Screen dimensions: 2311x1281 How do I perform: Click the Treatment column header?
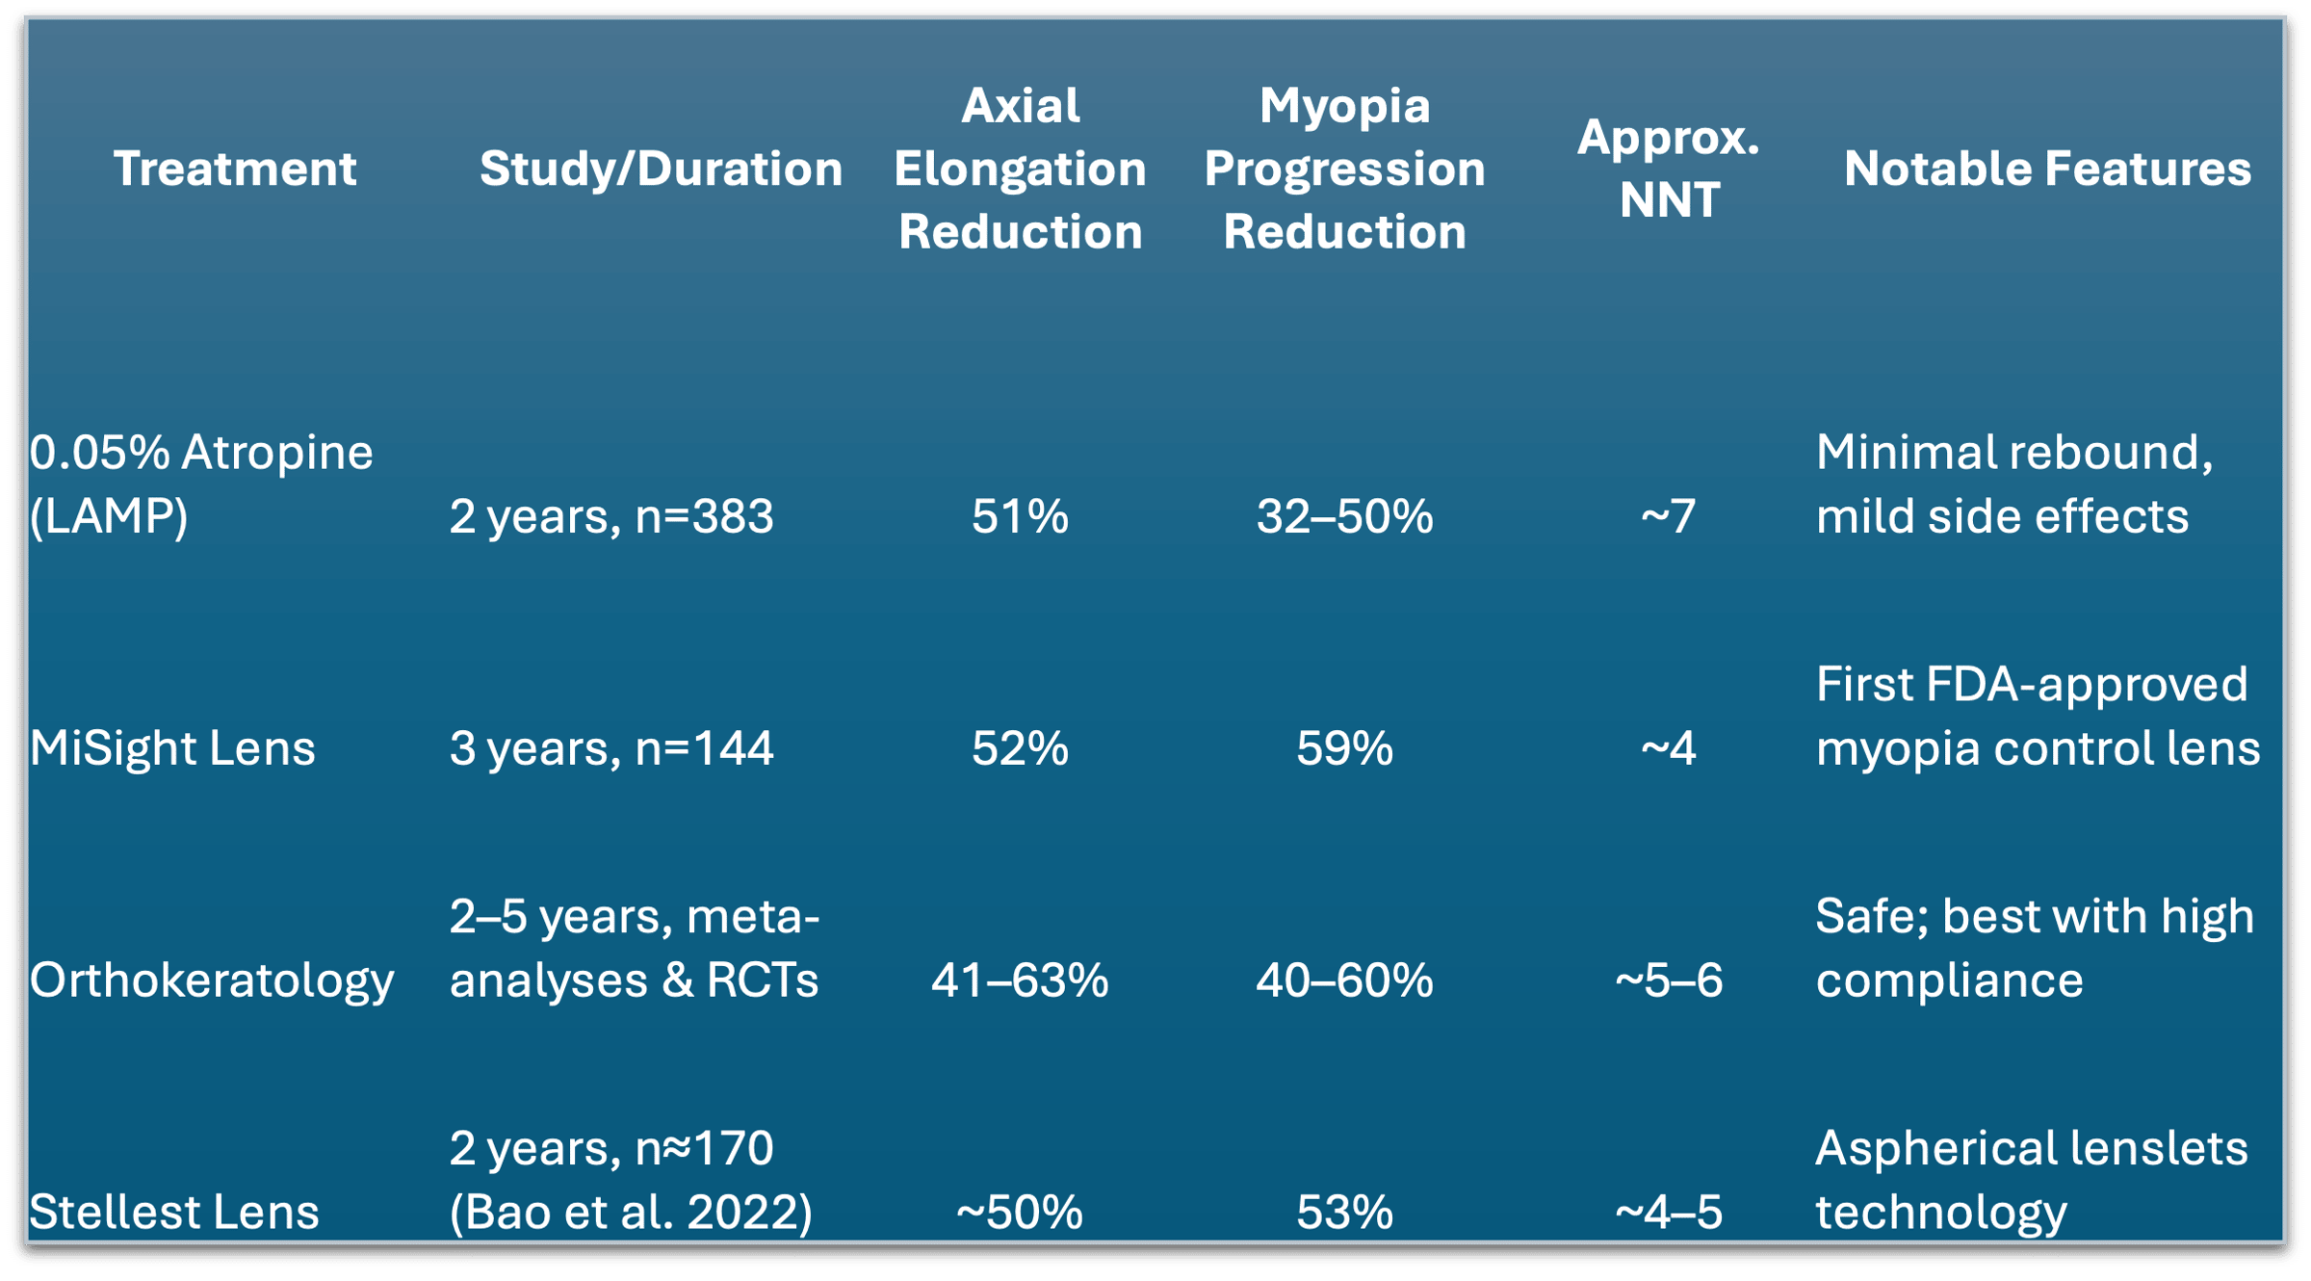[x=235, y=169]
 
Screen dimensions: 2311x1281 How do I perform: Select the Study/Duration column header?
[x=661, y=170]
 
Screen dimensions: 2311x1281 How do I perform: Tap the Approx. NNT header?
[x=1668, y=169]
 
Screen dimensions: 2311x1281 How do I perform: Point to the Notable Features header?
[x=2047, y=169]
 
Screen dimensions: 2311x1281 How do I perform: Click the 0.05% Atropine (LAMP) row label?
[x=201, y=484]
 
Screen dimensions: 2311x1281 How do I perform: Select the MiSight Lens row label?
[x=172, y=748]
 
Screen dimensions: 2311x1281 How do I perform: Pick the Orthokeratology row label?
[x=212, y=981]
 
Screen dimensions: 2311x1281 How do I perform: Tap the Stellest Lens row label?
[x=173, y=1212]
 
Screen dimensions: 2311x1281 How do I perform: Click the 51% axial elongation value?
[x=1020, y=516]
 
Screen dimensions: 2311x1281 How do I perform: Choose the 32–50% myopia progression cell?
[x=1344, y=516]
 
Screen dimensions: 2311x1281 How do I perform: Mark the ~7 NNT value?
[x=1668, y=516]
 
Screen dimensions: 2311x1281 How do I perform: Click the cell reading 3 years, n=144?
[x=611, y=748]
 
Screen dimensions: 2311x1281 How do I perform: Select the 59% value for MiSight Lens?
[x=1344, y=748]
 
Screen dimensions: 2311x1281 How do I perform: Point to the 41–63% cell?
[x=1020, y=980]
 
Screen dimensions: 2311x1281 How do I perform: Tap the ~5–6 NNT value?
[x=1668, y=980]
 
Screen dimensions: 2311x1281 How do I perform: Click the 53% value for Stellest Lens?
[x=1344, y=1213]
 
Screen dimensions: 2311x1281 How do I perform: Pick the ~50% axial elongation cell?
[x=1020, y=1213]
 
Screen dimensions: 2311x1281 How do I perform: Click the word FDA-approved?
[x=2090, y=686]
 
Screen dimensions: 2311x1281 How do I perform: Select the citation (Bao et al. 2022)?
[x=632, y=1213]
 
